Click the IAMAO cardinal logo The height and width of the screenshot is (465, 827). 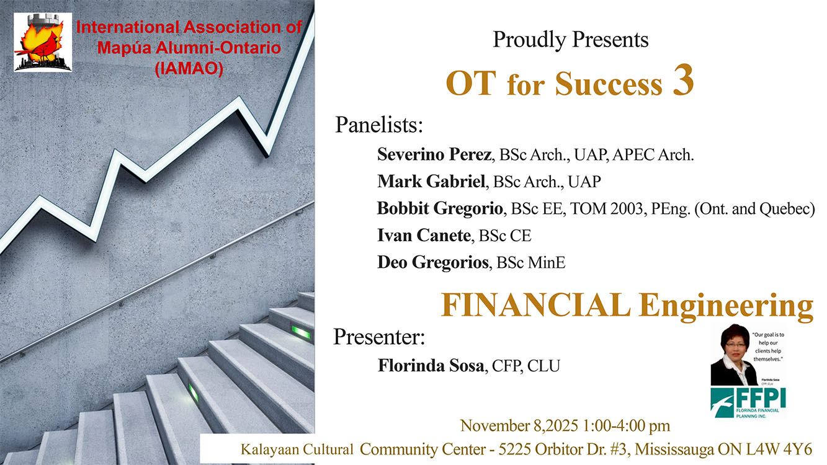click(43, 42)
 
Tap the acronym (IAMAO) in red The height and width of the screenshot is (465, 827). click(189, 68)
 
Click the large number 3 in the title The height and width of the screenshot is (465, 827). click(684, 81)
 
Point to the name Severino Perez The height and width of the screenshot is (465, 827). click(434, 154)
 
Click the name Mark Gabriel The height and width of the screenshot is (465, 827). click(431, 181)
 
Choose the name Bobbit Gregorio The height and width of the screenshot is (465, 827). click(440, 208)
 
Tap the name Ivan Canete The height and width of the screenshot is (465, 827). click(424, 235)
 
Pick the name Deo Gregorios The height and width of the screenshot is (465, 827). click(433, 262)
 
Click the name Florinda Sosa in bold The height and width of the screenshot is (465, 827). click(431, 366)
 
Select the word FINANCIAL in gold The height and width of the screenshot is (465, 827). click(536, 305)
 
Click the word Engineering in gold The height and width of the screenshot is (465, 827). click(726, 307)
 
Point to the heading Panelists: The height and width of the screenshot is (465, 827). click(379, 125)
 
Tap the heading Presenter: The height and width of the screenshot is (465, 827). click(380, 337)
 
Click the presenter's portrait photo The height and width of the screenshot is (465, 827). click(733, 355)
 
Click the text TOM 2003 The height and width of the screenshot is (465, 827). click(606, 209)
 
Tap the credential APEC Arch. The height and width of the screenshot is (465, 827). click(653, 154)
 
